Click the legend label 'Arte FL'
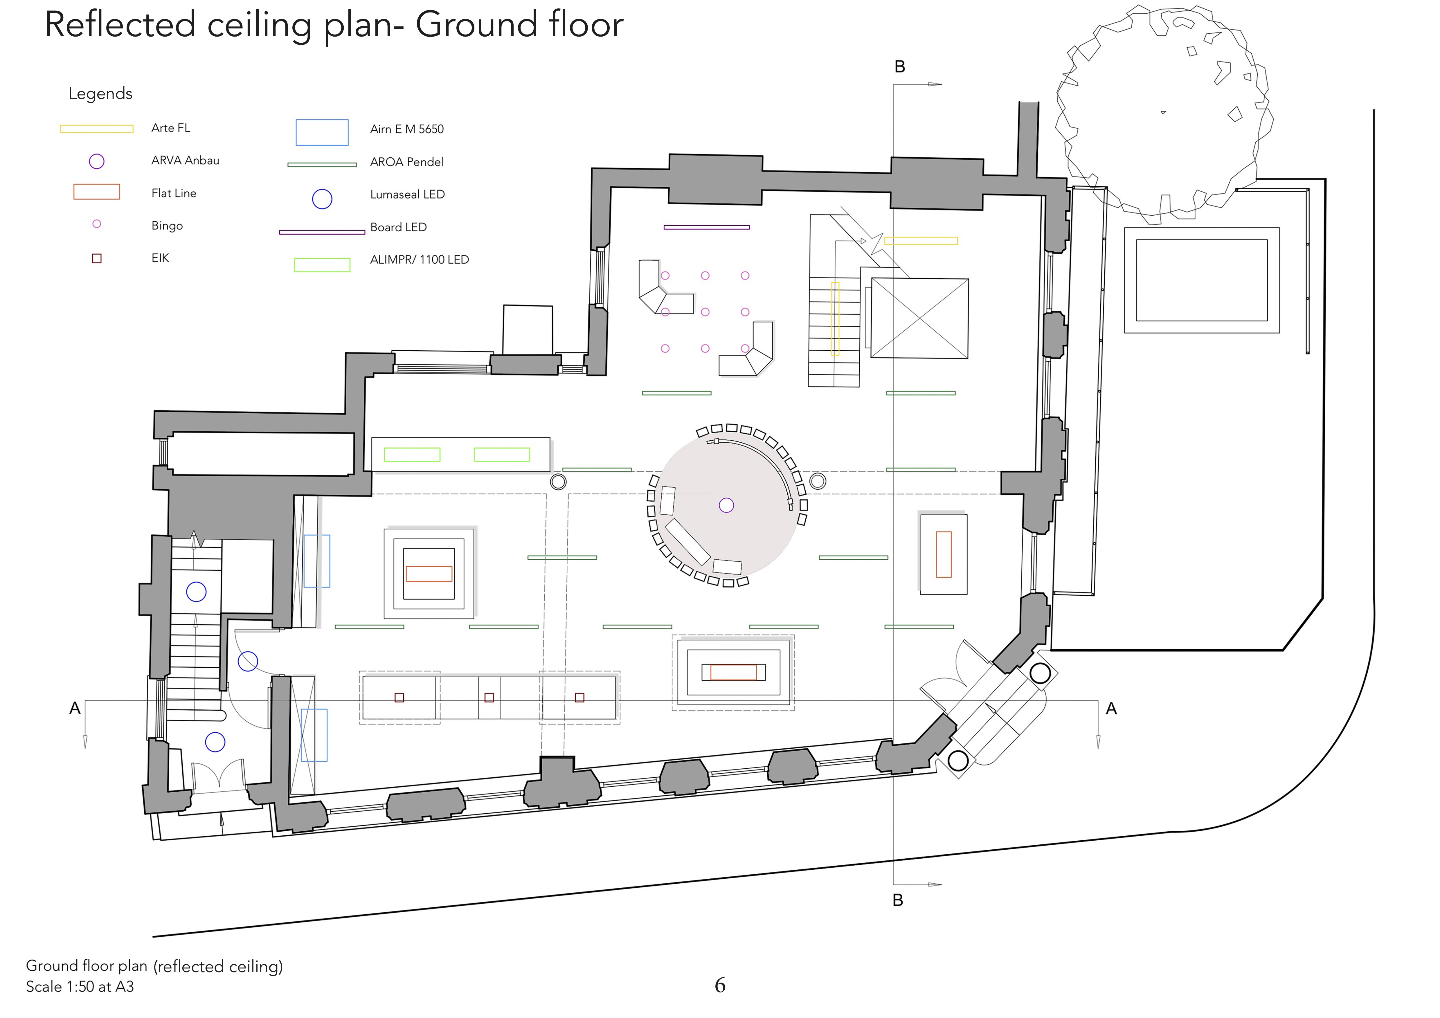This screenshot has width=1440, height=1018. tap(171, 128)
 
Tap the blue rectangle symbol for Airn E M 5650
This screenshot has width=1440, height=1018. tap(322, 132)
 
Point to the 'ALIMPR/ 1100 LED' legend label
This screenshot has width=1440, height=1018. tap(419, 260)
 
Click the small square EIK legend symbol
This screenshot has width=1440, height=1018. tap(97, 258)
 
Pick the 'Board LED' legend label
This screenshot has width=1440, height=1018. tap(398, 227)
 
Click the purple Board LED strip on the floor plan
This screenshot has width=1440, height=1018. tap(707, 227)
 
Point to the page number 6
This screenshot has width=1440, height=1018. tap(720, 985)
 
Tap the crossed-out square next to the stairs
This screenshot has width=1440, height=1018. tap(919, 319)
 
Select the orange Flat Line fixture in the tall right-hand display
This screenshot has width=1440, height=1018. tap(943, 554)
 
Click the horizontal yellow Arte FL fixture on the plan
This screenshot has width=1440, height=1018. tap(921, 241)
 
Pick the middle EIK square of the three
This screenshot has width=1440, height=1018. tap(489, 698)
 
